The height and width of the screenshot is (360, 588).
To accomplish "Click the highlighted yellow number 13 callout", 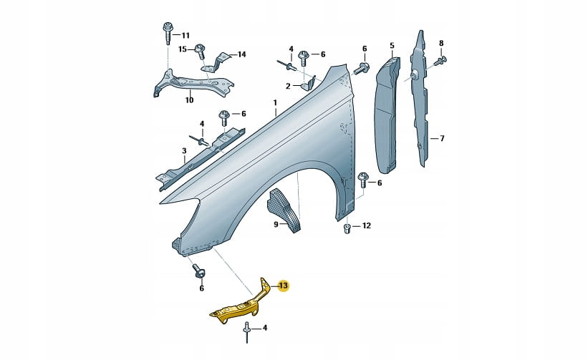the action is pos(284,286).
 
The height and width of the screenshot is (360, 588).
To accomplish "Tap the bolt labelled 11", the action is pos(167,34).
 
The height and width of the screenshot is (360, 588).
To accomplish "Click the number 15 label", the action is pos(182,49).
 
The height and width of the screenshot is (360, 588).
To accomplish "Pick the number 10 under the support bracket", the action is pos(189,100).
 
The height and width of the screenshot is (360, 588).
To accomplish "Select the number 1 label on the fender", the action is pos(275,102).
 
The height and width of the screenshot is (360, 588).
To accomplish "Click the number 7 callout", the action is pos(442,139).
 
